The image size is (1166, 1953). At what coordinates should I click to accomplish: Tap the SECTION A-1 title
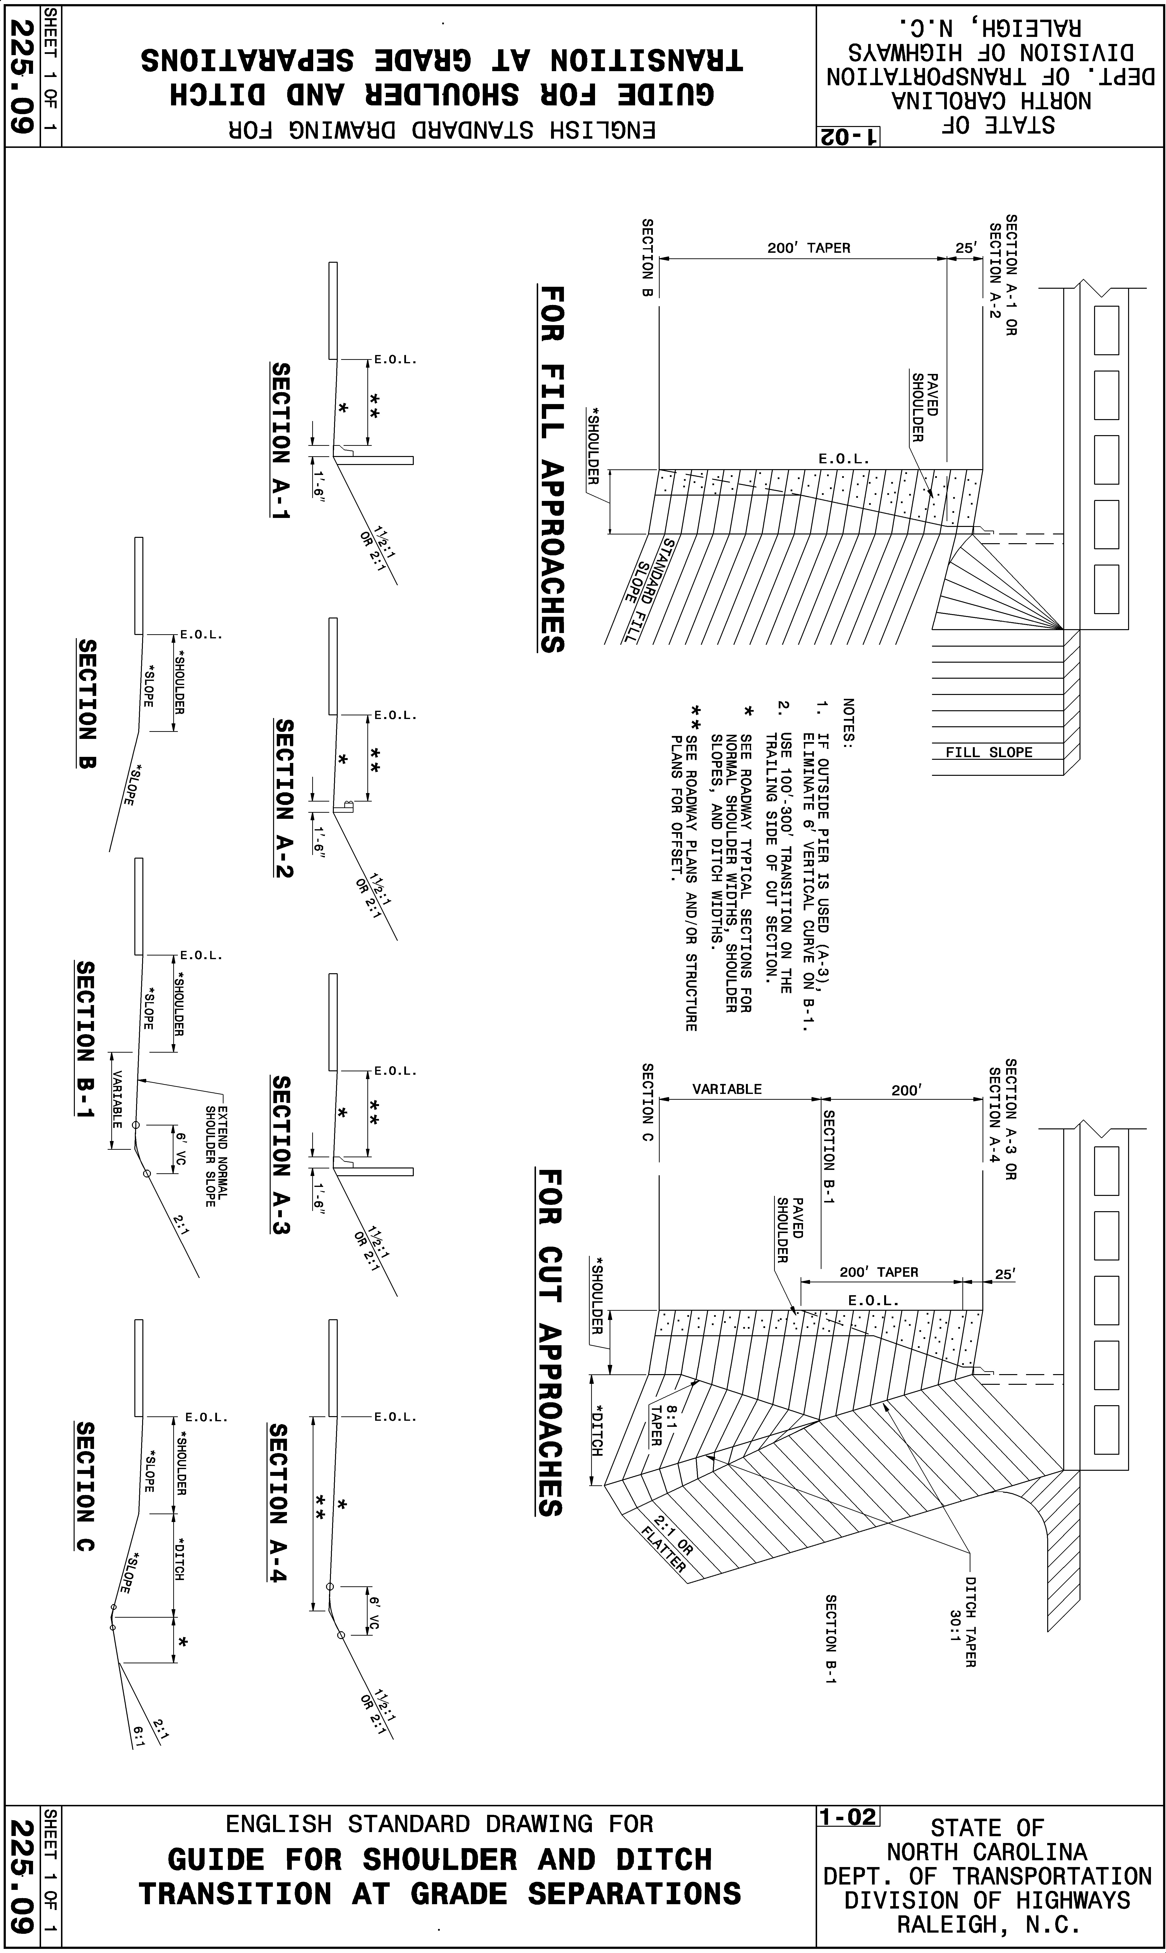pyautogui.click(x=280, y=440)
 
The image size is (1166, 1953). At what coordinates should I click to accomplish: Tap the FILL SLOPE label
pyautogui.click(x=988, y=752)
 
